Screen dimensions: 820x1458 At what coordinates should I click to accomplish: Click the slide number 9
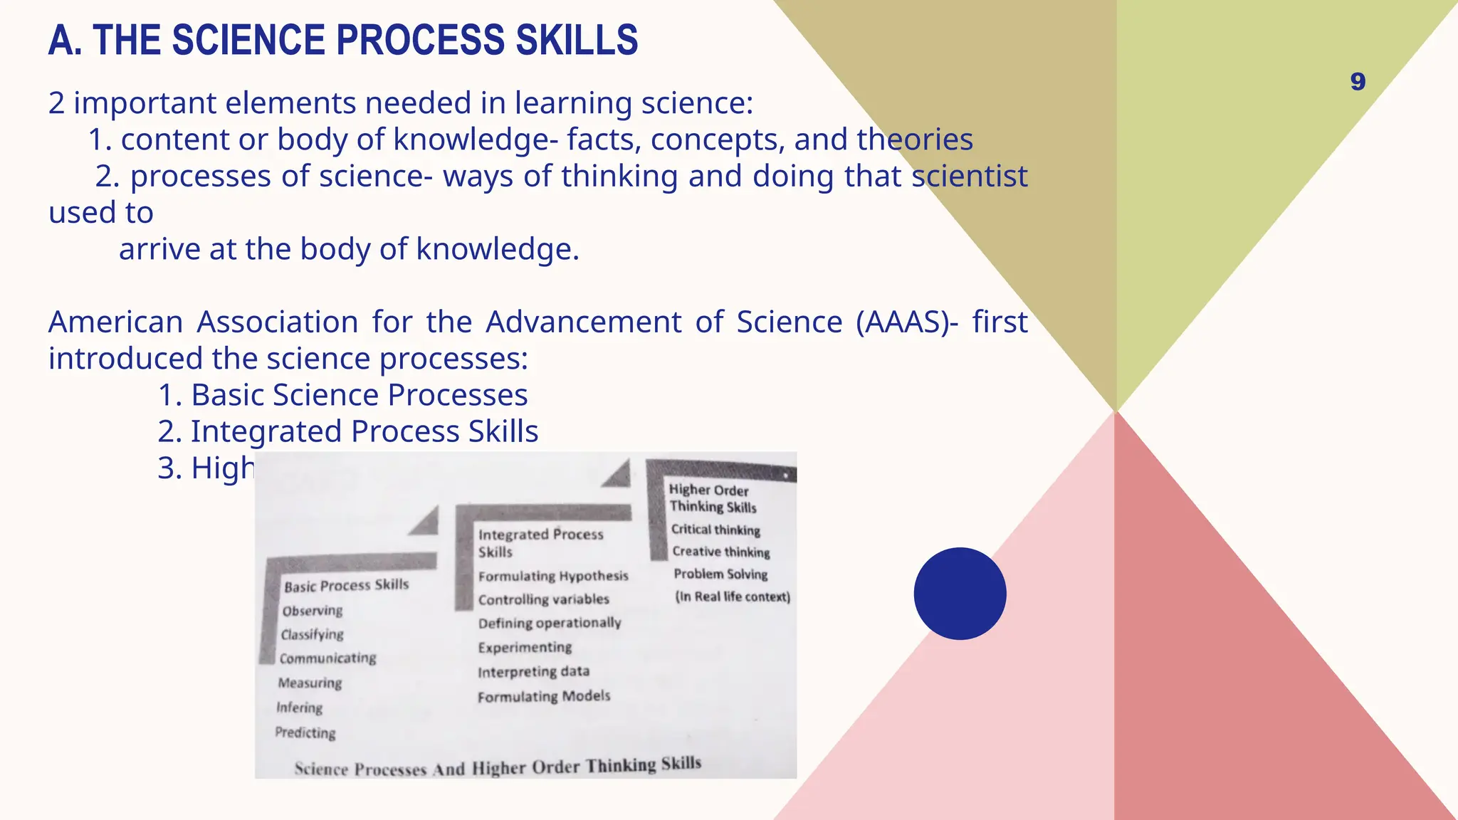pos(1358,82)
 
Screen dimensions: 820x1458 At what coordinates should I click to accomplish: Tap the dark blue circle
pos(960,594)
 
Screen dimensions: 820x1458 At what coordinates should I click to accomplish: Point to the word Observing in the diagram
pos(313,611)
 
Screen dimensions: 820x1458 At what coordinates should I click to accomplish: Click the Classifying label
pos(312,634)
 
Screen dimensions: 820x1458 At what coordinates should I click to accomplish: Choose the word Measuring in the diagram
pos(310,683)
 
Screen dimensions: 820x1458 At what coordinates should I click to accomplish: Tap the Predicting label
pos(305,732)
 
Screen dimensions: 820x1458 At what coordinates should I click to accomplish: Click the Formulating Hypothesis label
pos(553,576)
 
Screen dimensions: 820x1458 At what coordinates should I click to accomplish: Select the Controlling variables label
pos(544,599)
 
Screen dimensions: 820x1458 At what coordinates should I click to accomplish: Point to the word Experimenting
pos(525,647)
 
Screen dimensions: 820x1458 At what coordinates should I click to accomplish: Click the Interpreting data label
pos(533,671)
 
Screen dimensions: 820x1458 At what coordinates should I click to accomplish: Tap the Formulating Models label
pos(544,696)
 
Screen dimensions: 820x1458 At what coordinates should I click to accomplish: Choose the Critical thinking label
pos(715,530)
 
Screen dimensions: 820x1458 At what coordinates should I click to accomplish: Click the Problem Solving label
pos(720,574)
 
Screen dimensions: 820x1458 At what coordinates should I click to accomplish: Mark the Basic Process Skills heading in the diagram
pos(347,585)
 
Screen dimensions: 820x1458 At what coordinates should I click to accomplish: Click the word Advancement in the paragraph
pos(584,322)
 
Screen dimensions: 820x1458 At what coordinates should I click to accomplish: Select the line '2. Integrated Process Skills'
pos(347,431)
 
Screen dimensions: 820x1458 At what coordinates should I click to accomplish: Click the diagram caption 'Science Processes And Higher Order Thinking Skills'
pos(498,767)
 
